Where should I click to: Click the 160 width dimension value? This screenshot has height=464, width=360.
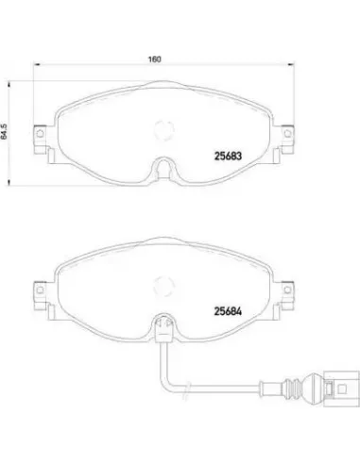155,59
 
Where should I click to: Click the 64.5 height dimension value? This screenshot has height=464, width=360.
4,131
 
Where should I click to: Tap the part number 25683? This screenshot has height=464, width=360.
228,156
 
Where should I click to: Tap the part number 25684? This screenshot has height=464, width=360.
228,311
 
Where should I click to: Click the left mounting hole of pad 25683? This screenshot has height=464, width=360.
40,134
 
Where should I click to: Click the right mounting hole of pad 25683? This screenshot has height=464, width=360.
287,134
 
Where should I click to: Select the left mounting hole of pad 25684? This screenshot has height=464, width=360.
40,290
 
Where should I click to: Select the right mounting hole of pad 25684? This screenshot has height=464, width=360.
287,290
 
